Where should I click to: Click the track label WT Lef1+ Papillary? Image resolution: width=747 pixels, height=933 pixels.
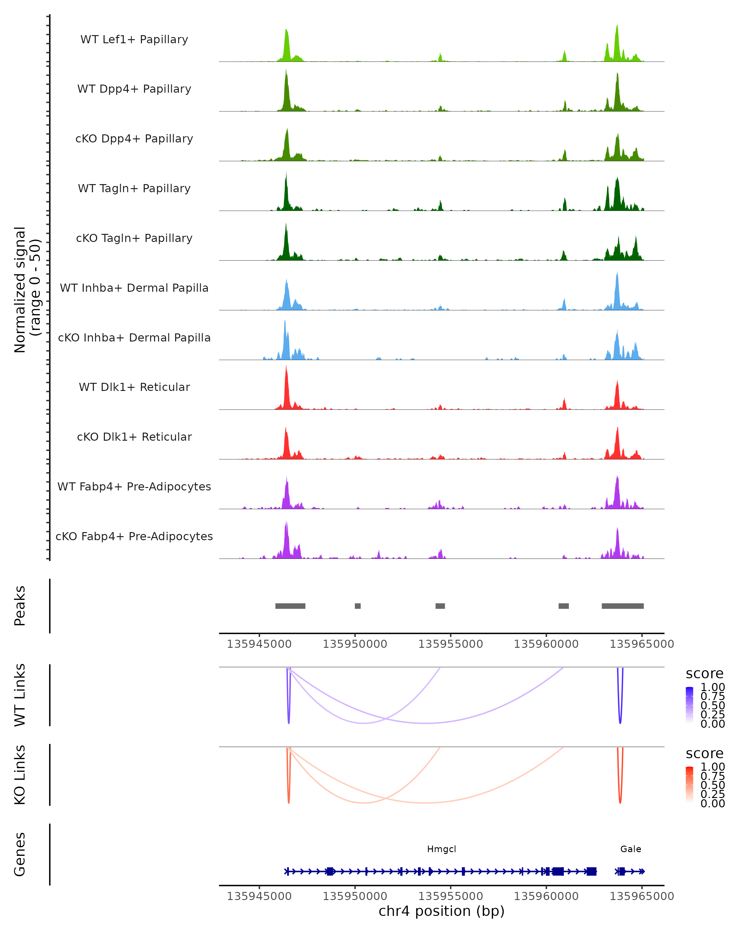tap(134, 39)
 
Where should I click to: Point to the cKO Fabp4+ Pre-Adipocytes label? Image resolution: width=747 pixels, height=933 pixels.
tap(134, 536)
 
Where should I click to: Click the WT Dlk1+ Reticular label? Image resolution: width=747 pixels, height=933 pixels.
tap(134, 387)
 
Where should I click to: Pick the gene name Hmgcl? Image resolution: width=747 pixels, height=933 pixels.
tap(441, 849)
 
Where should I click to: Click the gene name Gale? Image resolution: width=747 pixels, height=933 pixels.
tap(631, 849)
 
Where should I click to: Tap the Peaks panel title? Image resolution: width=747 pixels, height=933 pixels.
tap(20, 606)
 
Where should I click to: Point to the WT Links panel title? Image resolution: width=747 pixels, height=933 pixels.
tap(20, 695)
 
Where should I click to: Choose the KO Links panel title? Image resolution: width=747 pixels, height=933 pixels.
tap(20, 775)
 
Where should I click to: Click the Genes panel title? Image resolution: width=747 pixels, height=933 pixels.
tap(20, 854)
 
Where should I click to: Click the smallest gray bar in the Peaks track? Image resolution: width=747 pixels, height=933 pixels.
tap(358, 606)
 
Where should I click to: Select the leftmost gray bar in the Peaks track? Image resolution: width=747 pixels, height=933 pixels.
tap(290, 606)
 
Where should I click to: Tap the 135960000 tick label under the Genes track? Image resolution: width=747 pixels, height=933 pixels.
tap(546, 897)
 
